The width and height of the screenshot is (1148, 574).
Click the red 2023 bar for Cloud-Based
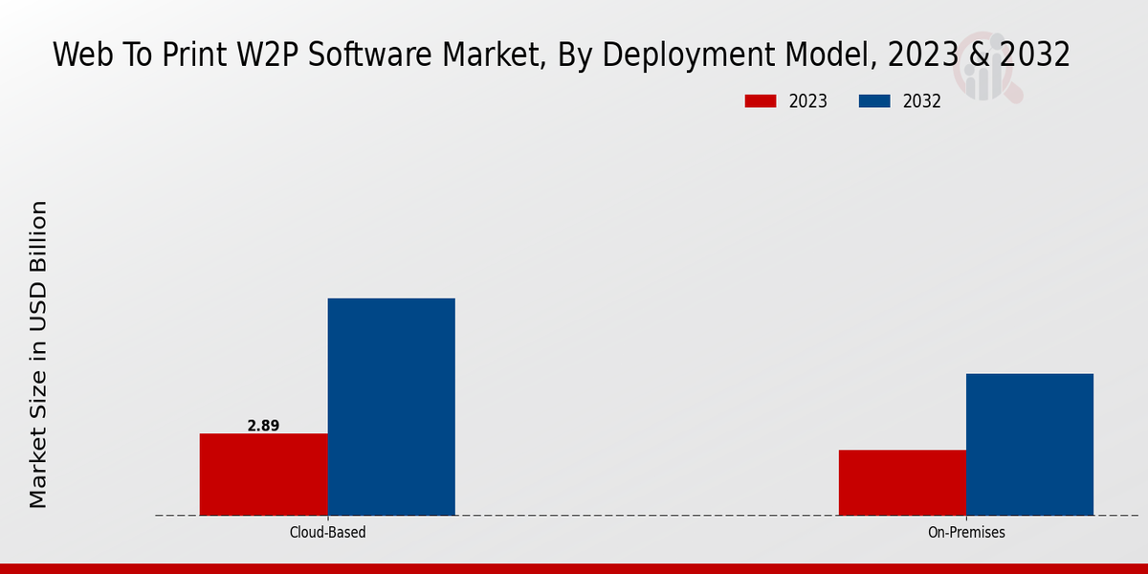pos(263,475)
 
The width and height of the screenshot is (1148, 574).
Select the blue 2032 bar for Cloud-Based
pos(391,407)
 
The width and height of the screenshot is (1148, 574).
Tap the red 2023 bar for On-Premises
pos(902,482)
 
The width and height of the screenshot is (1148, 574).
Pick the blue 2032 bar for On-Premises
pos(1029,444)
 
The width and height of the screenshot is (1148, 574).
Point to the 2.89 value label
pos(263,426)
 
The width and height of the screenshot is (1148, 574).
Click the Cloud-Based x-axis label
pos(327,532)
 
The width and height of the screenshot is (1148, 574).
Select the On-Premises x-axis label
pos(966,532)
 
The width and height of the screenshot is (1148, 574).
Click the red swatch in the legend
pos(760,101)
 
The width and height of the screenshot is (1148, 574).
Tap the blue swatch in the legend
pos(875,101)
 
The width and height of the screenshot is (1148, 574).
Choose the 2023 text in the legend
pos(807,101)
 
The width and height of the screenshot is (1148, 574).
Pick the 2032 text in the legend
pos(922,101)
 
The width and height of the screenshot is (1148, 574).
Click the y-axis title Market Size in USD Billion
pos(38,354)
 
